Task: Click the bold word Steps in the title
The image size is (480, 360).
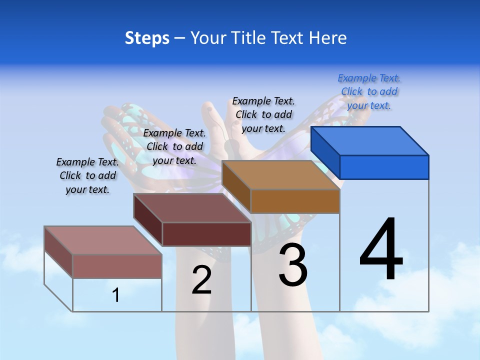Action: click(x=147, y=38)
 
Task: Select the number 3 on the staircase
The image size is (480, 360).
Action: click(x=292, y=265)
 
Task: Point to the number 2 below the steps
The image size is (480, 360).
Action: click(x=201, y=280)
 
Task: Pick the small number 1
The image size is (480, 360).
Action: click(x=116, y=295)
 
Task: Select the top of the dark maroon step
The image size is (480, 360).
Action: click(x=192, y=208)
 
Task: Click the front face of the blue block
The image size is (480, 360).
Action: click(x=384, y=167)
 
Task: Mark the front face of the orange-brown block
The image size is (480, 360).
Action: click(x=295, y=201)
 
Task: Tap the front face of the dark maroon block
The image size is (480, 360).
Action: click(x=206, y=234)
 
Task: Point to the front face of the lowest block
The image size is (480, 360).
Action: click(x=117, y=266)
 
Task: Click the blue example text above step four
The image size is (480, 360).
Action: click(x=369, y=91)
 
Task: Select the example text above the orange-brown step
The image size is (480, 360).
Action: click(x=263, y=114)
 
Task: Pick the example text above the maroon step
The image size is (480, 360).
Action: click(x=174, y=146)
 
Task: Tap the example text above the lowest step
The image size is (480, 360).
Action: click(x=87, y=175)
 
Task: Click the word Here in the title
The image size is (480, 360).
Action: click(x=328, y=38)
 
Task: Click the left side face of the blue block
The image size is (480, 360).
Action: click(x=325, y=152)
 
